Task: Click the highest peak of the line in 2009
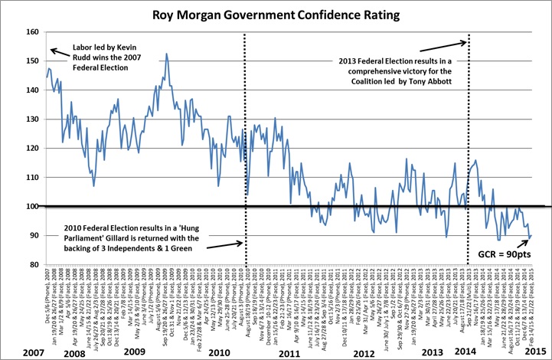tap(166, 54)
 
